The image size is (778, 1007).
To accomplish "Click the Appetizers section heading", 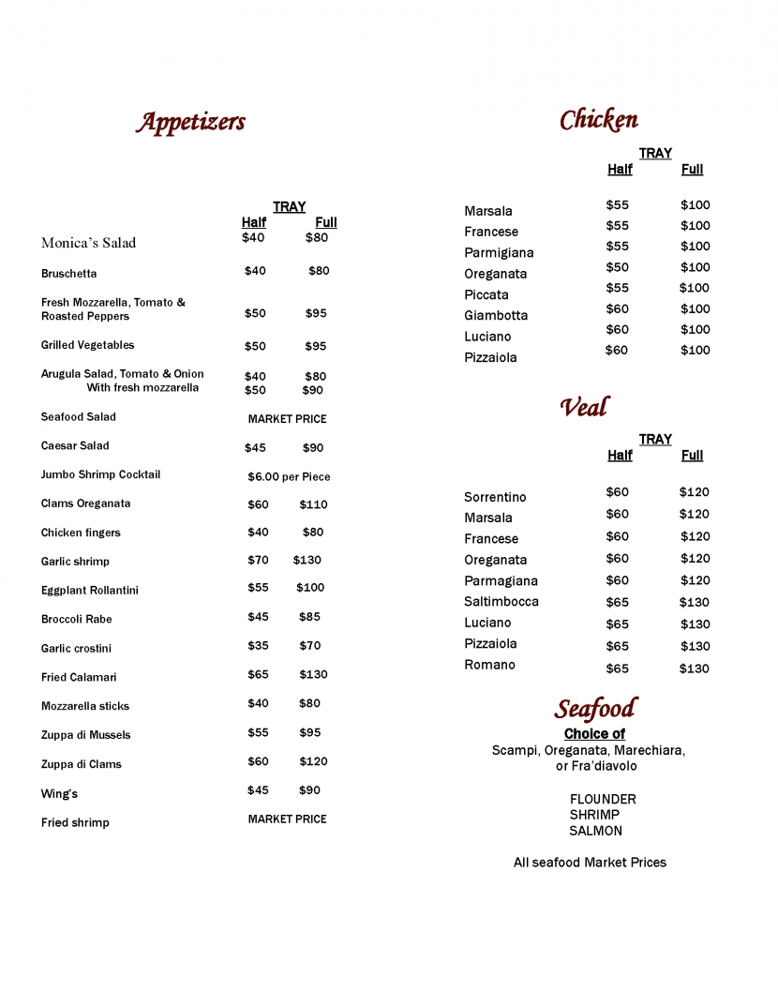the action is tap(191, 122).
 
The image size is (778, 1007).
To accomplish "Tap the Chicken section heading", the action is tap(599, 120).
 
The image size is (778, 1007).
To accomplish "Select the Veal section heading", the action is tap(584, 407).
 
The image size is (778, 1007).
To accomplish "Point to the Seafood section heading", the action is tap(595, 709).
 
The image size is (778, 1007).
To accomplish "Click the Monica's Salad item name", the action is tap(88, 243).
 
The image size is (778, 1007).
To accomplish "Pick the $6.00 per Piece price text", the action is tap(289, 476).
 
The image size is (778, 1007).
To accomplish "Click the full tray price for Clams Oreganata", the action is tap(313, 504).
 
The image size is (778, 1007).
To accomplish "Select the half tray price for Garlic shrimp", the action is tap(258, 560).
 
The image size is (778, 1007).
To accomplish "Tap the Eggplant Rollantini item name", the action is tap(90, 591).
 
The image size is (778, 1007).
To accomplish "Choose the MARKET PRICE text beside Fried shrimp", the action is tap(287, 819).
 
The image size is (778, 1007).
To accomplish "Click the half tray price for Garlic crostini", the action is tap(258, 645).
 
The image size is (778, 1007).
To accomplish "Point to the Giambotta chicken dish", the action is tap(496, 316).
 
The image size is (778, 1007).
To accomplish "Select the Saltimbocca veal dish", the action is tap(501, 602).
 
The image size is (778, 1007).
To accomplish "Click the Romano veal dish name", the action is tap(489, 665).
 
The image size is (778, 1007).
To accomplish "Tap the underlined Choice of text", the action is tap(594, 734).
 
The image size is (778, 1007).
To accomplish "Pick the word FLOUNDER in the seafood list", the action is tap(603, 800).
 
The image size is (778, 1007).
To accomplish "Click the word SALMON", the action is tap(595, 831).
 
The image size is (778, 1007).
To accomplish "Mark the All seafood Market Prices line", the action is tap(590, 863).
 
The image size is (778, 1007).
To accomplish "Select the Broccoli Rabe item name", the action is tap(77, 619).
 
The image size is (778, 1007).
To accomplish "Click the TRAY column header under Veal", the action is tap(655, 440).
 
